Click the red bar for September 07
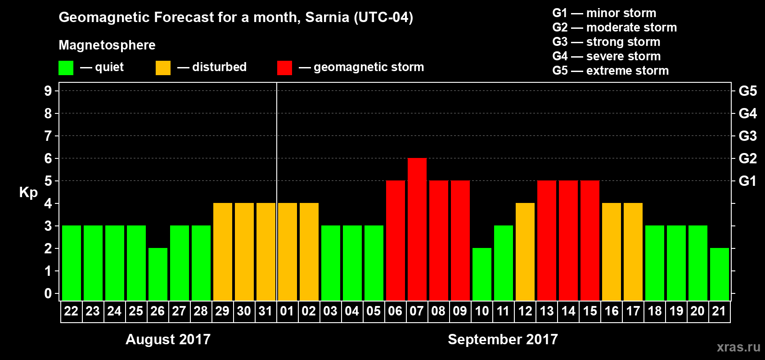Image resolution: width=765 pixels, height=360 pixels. (417, 229)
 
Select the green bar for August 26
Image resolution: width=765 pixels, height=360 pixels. (158, 274)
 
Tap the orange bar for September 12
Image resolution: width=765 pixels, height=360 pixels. (525, 252)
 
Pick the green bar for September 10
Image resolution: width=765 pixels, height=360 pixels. (482, 274)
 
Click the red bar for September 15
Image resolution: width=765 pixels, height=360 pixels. (590, 241)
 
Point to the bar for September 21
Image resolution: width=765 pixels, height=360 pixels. (720, 274)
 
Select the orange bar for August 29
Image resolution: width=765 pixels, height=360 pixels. (223, 252)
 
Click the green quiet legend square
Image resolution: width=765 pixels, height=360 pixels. (66, 68)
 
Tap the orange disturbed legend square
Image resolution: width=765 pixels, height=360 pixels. (163, 68)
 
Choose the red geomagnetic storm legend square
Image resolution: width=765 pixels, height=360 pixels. (284, 68)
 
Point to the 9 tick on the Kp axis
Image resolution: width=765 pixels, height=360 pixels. (48, 91)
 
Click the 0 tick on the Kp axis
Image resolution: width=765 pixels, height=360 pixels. (48, 294)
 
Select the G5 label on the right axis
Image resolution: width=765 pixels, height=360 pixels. (747, 91)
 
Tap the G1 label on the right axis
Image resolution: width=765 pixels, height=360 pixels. (747, 181)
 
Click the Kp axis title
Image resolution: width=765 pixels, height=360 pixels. (28, 193)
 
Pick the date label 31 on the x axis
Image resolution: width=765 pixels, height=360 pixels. (265, 311)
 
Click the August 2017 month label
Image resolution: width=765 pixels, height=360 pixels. (168, 339)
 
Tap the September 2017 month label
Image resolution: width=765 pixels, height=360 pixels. (503, 339)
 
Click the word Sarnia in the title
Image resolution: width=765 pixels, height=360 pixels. (327, 18)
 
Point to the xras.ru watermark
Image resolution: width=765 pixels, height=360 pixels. (738, 347)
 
